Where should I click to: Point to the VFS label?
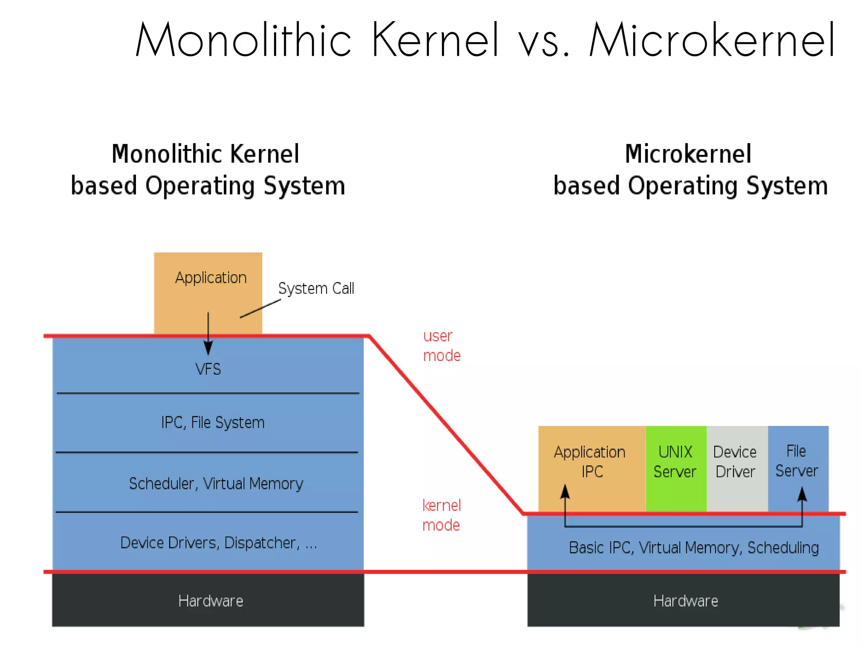(x=208, y=370)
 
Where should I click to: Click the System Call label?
(x=316, y=289)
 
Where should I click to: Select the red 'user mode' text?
(x=441, y=346)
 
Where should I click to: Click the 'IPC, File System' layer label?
(x=213, y=423)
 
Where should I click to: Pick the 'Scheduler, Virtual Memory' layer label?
(x=215, y=484)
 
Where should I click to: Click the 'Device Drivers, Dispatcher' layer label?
(x=218, y=543)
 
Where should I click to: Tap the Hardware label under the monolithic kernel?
(x=210, y=601)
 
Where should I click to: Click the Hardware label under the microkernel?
(x=685, y=601)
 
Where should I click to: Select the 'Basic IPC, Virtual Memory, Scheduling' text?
(x=694, y=548)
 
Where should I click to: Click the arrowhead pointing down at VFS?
(x=208, y=348)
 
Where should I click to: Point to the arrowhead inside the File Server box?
(x=802, y=494)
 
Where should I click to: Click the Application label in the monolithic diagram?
(x=210, y=278)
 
